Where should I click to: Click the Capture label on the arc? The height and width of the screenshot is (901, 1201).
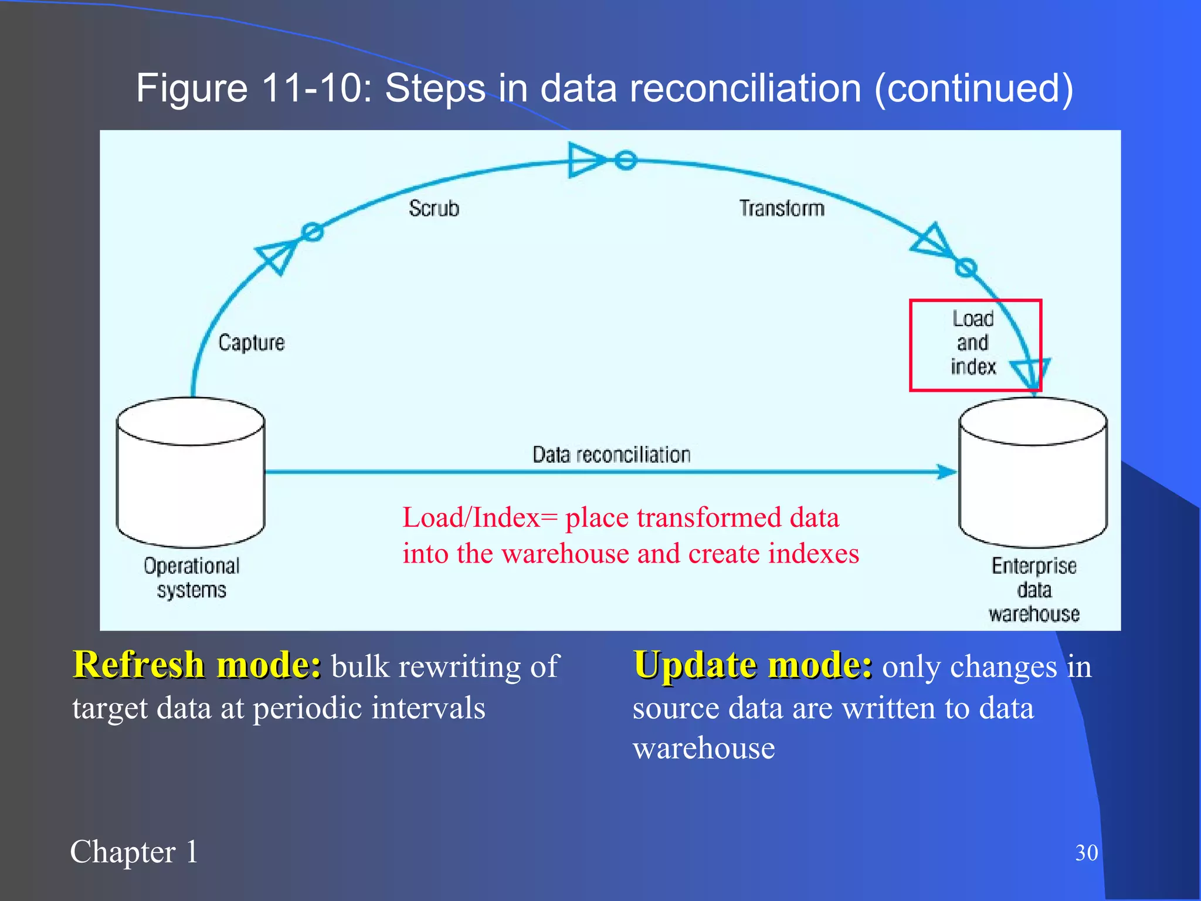coord(251,343)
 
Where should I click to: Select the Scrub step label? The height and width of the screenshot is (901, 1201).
coord(434,208)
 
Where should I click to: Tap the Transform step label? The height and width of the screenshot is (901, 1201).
coord(781,208)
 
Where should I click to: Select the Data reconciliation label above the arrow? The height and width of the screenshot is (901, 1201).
coord(611,455)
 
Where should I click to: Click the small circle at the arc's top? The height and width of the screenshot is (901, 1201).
coord(626,160)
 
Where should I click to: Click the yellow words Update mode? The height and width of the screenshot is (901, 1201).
coord(752,665)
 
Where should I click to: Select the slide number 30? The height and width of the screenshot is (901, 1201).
coord(1086,852)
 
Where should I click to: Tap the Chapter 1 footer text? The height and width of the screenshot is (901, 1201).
coord(134,852)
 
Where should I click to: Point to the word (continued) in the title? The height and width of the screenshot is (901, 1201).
coord(973,88)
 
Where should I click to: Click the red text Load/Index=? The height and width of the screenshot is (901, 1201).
coord(480,517)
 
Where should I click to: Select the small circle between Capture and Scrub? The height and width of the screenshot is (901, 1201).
coord(313,232)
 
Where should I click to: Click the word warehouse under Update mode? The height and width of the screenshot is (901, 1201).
coord(704,748)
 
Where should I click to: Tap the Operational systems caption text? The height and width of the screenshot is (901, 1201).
coord(191,578)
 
